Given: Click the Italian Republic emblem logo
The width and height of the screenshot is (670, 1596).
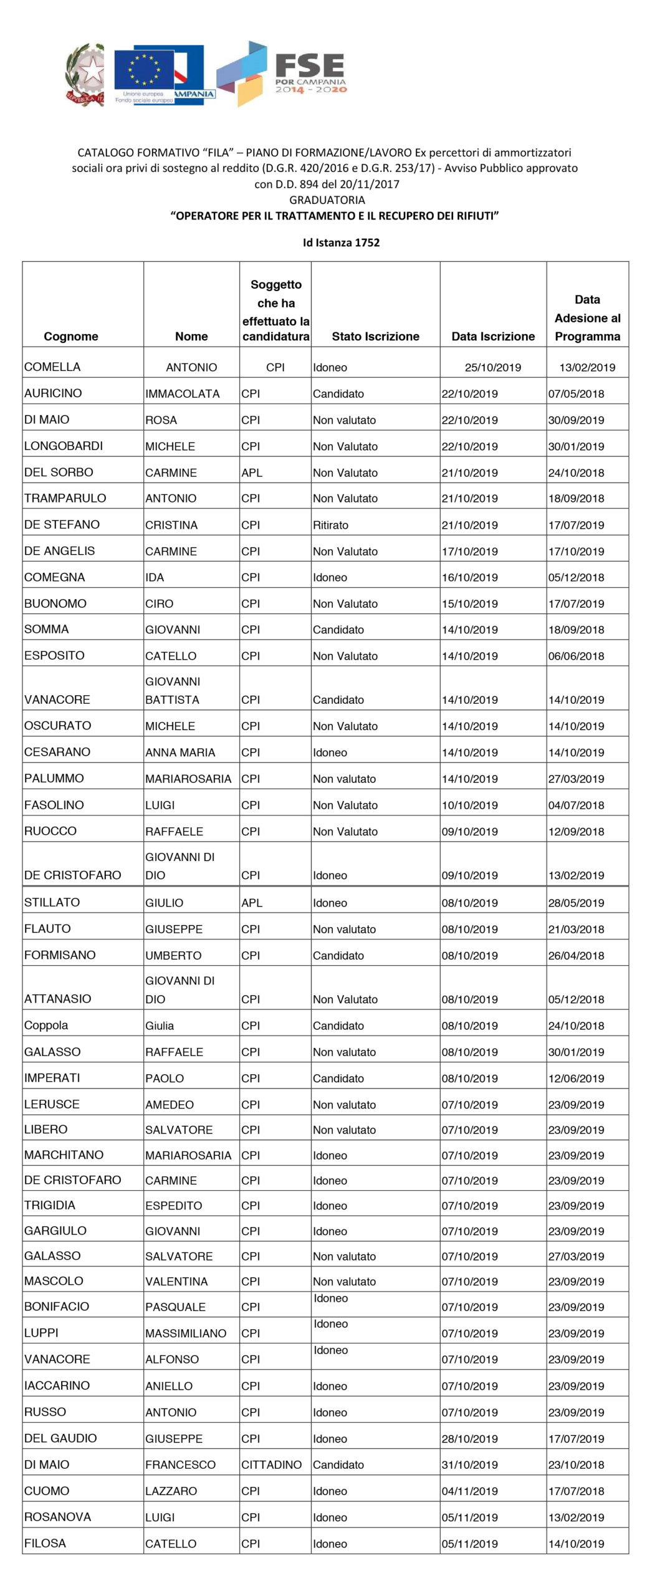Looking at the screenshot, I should pos(84,74).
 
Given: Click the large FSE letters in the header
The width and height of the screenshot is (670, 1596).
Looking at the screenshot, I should pos(310,65).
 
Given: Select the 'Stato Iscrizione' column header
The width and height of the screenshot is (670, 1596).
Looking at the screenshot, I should pos(375,337).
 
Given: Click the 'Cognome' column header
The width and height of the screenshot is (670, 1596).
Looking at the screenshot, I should pos(71,337).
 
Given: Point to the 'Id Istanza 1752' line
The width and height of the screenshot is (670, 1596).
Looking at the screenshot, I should pos(341,243).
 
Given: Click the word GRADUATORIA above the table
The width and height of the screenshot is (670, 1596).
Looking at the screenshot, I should pos(327,200).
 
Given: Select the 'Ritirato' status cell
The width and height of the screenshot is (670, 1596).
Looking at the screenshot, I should pos(330,525).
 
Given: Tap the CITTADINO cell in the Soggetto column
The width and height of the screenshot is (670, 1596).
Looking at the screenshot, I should pos(271,1464).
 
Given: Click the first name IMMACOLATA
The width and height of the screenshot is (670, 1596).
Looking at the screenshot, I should pos(182,394).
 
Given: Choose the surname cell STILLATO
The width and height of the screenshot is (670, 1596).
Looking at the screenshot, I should pos(52,902).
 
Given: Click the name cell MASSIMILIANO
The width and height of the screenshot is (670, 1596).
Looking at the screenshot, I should pos(186,1333).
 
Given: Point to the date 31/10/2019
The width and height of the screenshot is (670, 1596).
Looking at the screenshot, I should pos(469,1464).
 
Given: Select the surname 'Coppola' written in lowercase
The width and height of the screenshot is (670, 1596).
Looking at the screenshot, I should pos(46,1025).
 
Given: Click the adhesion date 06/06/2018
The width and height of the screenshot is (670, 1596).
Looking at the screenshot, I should pos(576,656).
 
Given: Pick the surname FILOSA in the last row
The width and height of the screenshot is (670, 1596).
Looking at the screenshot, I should pos(45,1543).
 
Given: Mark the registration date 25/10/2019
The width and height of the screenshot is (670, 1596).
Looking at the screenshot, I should pos(492,367).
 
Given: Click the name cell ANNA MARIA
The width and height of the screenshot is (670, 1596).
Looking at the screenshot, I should pos(180,752).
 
